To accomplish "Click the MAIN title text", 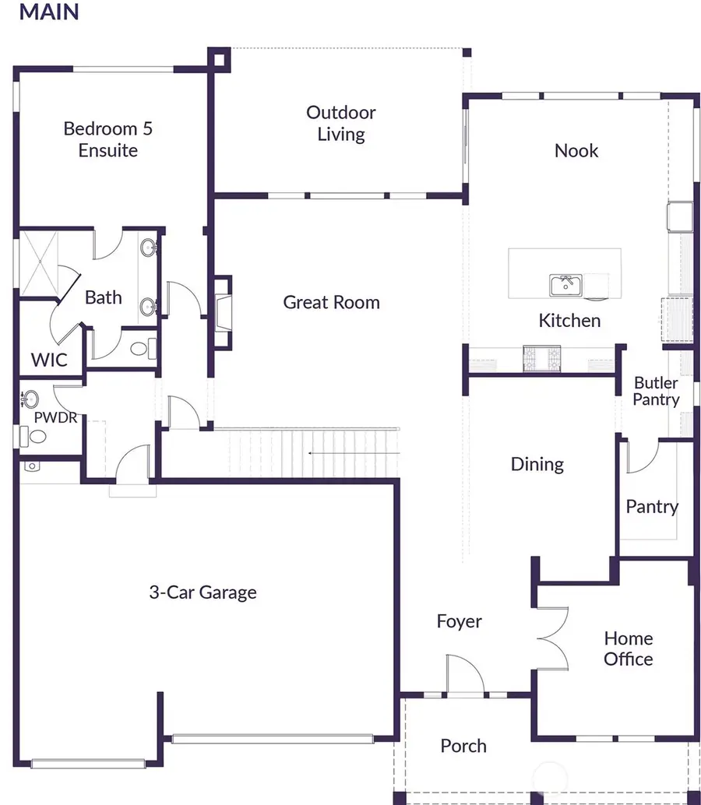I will click(x=48, y=12).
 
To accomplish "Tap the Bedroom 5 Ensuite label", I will click(x=107, y=139).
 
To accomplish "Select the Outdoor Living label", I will click(x=340, y=123).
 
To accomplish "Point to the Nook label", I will click(x=576, y=150).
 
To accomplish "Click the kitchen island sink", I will click(x=565, y=285).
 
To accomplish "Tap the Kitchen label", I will click(x=569, y=320).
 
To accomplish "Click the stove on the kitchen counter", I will click(x=542, y=357).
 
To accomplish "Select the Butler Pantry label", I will click(x=656, y=391).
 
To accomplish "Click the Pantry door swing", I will click(x=640, y=458).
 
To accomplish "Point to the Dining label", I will click(x=537, y=464).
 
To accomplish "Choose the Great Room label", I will click(x=331, y=302).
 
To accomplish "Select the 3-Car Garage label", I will click(x=203, y=592).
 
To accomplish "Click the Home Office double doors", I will click(x=555, y=635).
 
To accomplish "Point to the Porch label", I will click(x=463, y=746).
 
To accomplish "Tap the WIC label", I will click(x=49, y=360).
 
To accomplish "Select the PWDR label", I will click(x=55, y=417).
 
